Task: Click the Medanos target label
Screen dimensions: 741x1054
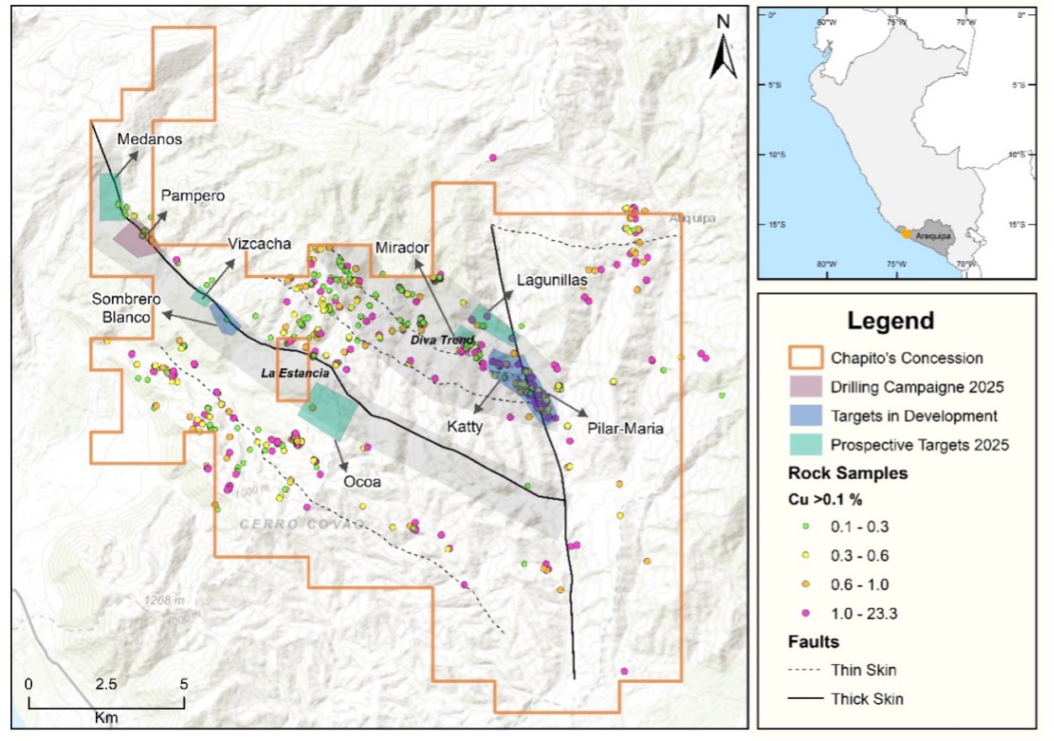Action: click(150, 139)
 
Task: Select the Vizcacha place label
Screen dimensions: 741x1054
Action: click(259, 244)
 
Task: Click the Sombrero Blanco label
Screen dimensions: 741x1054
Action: click(121, 307)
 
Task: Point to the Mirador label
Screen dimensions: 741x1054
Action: click(402, 248)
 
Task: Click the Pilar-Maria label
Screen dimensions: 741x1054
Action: click(626, 429)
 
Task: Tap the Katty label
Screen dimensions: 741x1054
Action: click(465, 427)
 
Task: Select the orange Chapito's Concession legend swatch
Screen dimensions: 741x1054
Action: click(804, 358)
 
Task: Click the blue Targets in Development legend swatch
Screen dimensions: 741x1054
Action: click(804, 415)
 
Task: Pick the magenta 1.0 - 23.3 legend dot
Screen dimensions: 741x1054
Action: click(803, 614)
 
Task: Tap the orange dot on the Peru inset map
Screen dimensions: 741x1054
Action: click(906, 233)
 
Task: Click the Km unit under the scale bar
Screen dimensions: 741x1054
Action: click(106, 717)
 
